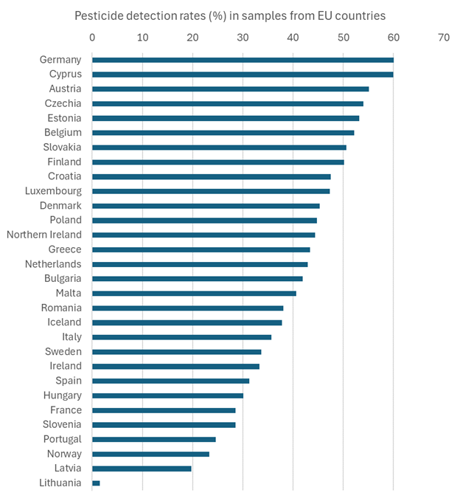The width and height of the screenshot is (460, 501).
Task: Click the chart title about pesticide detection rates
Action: pos(230,15)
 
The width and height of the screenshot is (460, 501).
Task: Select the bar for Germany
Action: pos(243,60)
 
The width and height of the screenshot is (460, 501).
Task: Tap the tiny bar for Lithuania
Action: pos(96,483)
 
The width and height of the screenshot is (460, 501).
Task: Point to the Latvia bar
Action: pos(142,469)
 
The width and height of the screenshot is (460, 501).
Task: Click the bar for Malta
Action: pos(194,293)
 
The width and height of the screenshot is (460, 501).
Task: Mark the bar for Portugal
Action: pos(153,439)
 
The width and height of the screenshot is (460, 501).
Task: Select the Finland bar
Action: pos(217,162)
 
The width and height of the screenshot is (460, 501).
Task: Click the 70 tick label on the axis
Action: pos(443,37)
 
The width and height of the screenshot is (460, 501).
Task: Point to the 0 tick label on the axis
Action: pos(92,37)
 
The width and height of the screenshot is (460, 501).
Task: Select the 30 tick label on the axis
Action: pos(243,37)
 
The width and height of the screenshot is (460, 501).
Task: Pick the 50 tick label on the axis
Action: pos(343,37)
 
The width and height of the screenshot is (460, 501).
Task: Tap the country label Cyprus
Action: pos(66,74)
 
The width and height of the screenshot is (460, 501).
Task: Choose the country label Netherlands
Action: pos(53,264)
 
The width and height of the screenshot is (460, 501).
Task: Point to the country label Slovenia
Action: pos(62,425)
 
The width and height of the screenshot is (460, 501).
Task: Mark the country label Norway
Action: pos(64,454)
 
